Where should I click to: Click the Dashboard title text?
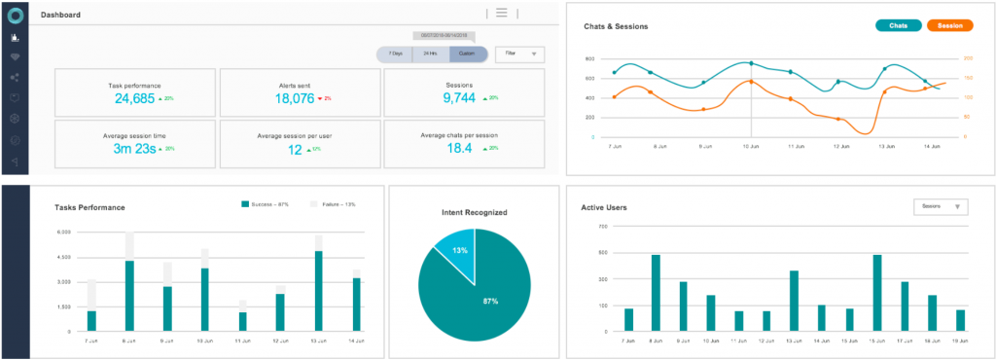pos(60,16)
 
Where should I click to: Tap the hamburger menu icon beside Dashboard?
pos(502,13)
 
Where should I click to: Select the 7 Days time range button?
pos(395,54)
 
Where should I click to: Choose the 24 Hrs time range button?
pos(430,54)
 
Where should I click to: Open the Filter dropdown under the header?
pos(519,54)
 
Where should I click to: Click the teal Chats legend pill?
pos(899,25)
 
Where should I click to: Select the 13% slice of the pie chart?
pos(456,250)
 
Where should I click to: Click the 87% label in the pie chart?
pos(491,301)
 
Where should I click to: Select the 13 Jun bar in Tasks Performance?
pos(318,291)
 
